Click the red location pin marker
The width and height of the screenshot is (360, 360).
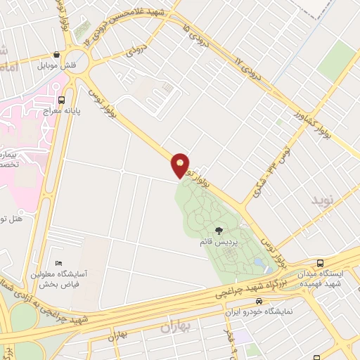point(181,165)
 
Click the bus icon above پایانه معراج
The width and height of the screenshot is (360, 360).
point(62,100)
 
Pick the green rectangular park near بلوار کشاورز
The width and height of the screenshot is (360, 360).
point(337,60)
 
